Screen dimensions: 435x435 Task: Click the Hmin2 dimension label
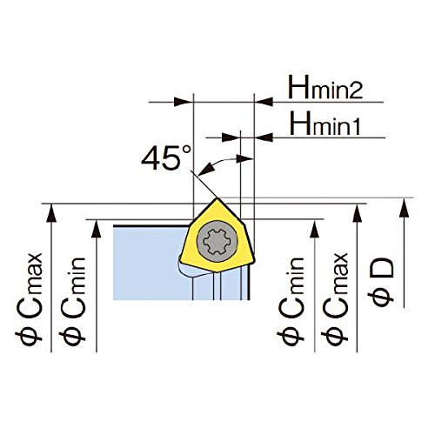pyautogui.click(x=325, y=87)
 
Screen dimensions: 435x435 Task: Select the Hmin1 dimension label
pyautogui.click(x=325, y=124)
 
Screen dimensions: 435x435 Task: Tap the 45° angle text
pyautogui.click(x=166, y=157)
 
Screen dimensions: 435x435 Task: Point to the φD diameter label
pyautogui.click(x=381, y=282)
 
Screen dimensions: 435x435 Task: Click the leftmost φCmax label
pyautogui.click(x=29, y=299)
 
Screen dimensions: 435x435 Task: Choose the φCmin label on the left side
pyautogui.click(x=72, y=301)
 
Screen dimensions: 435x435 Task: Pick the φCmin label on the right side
pyautogui.click(x=291, y=301)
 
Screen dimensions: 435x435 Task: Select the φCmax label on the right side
pyautogui.click(x=335, y=299)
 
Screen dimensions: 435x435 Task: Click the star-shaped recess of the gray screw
pyautogui.click(x=217, y=241)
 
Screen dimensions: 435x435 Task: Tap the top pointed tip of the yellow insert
pyautogui.click(x=217, y=198)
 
